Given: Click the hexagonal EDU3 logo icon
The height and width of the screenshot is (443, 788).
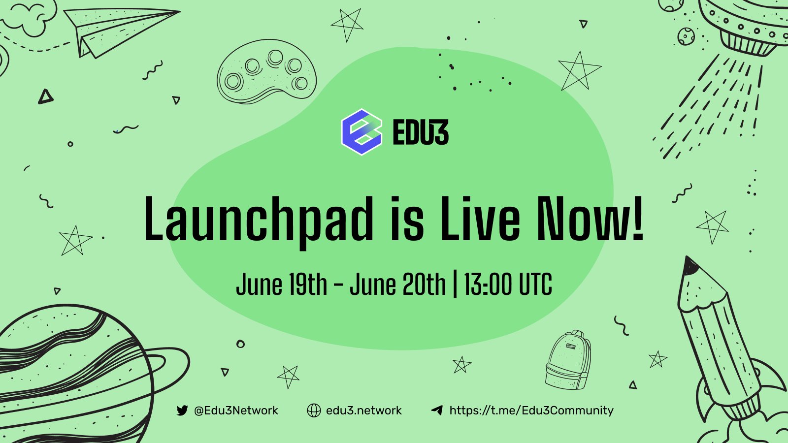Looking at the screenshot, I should pyautogui.click(x=362, y=132).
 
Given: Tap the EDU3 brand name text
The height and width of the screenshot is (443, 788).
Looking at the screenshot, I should pyautogui.click(x=421, y=133).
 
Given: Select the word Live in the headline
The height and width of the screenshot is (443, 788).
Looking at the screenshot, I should pyautogui.click(x=480, y=219).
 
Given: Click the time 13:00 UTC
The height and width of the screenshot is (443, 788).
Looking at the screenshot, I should pyautogui.click(x=508, y=285).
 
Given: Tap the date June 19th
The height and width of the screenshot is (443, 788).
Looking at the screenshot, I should pyautogui.click(x=281, y=285).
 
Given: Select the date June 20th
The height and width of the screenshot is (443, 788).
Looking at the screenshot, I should pyautogui.click(x=397, y=285).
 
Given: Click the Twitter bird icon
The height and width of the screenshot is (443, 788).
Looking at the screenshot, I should pyautogui.click(x=182, y=411).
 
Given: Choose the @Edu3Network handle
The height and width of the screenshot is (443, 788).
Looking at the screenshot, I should pyautogui.click(x=236, y=411).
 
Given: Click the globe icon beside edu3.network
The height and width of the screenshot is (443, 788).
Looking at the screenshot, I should pyautogui.click(x=314, y=411).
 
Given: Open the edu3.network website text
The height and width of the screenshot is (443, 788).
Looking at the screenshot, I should pyautogui.click(x=363, y=411).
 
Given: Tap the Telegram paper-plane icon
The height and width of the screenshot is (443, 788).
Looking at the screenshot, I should pyautogui.click(x=437, y=410).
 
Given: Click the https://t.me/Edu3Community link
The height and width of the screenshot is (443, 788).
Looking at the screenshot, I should pyautogui.click(x=531, y=411).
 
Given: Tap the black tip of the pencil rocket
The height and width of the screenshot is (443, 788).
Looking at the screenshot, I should pyautogui.click(x=690, y=266).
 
